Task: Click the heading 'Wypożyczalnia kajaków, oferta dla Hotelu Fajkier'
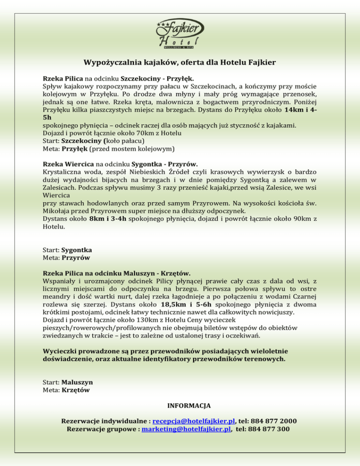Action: tap(180, 62)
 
